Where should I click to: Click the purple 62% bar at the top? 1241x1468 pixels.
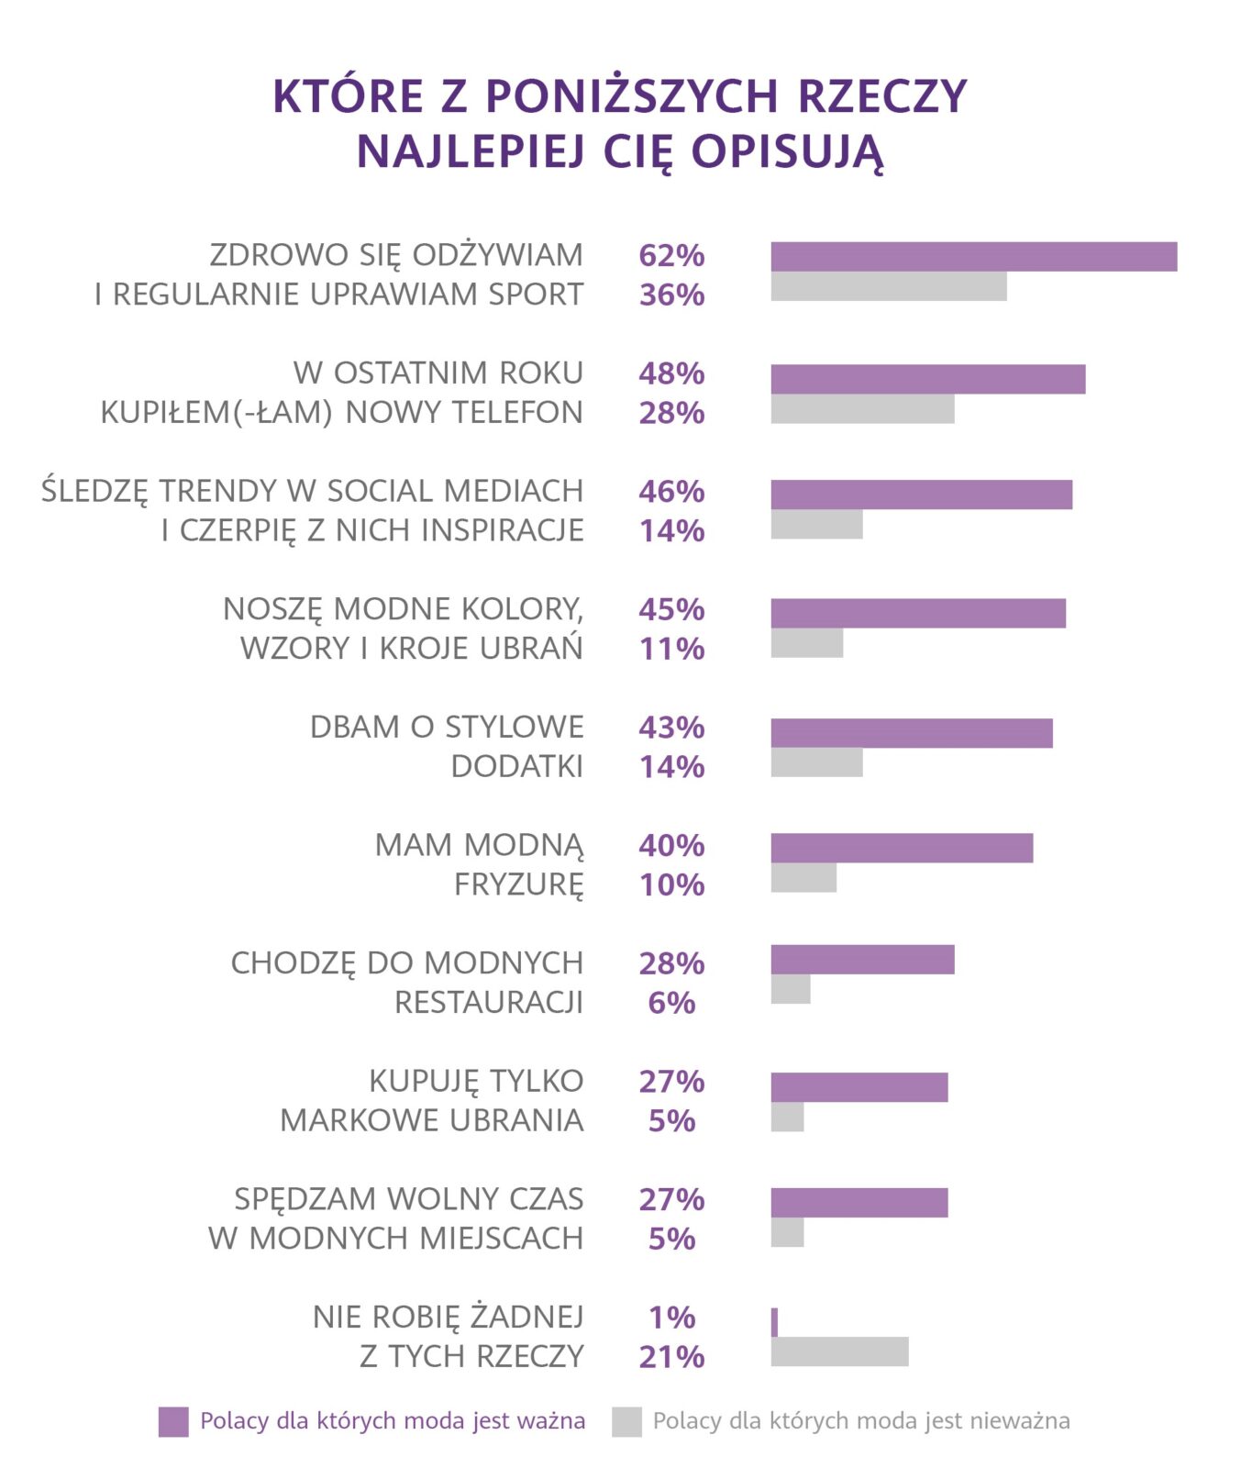[973, 257]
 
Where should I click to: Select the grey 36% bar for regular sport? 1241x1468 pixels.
[888, 286]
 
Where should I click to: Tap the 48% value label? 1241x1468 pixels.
[671, 373]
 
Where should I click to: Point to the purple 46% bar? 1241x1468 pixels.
[921, 495]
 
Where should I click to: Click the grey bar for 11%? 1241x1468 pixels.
[806, 643]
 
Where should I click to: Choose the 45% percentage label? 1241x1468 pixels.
[671, 609]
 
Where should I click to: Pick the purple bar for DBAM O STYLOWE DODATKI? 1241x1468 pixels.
[911, 733]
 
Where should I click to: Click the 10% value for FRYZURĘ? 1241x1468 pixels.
[671, 884]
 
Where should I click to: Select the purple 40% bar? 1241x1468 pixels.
[901, 848]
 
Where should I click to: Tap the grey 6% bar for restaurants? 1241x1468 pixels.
[790, 989]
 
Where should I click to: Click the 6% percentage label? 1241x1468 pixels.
[671, 1003]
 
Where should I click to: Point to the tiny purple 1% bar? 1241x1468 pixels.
[774, 1322]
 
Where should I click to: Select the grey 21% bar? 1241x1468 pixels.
[839, 1351]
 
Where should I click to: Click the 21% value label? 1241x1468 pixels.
[671, 1356]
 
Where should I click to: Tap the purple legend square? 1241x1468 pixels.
[173, 1421]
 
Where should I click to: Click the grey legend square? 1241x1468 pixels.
[626, 1421]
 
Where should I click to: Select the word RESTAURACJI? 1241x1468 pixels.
[489, 1003]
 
